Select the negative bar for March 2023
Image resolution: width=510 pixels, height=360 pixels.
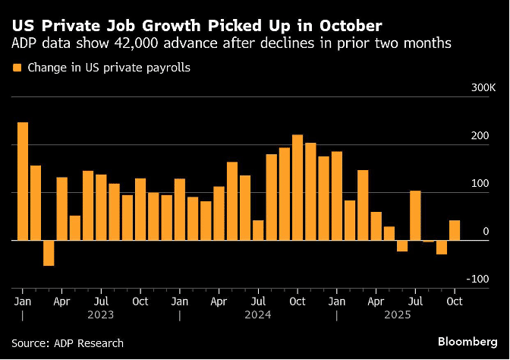pos(49,253)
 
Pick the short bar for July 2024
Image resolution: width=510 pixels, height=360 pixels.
pos(258,230)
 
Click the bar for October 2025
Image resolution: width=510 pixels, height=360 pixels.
pos(455,230)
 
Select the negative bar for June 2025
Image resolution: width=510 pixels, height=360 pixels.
pos(402,245)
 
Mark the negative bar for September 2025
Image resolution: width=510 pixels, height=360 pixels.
pos(442,247)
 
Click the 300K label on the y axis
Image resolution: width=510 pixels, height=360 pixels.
pos(483,88)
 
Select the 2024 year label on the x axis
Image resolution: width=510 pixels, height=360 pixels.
pos(257,313)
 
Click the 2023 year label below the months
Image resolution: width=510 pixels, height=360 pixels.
pos(101,313)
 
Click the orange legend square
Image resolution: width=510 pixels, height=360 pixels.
pos(17,68)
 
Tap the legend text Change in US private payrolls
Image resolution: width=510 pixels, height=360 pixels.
pos(109,68)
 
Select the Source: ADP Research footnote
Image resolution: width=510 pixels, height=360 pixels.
pos(67,343)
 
